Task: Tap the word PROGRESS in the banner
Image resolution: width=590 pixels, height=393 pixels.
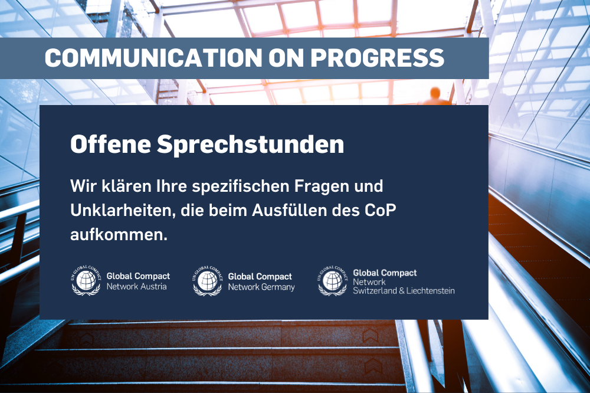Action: (378, 58)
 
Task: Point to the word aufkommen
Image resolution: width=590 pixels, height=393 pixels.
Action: (119, 234)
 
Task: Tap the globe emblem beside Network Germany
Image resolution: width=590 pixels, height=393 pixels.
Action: (207, 280)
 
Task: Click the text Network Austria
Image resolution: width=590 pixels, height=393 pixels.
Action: (136, 287)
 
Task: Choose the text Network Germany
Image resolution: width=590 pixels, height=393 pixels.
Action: (261, 287)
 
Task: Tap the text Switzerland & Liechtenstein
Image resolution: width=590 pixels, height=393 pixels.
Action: (404, 290)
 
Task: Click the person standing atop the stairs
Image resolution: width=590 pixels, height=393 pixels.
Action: (436, 96)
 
